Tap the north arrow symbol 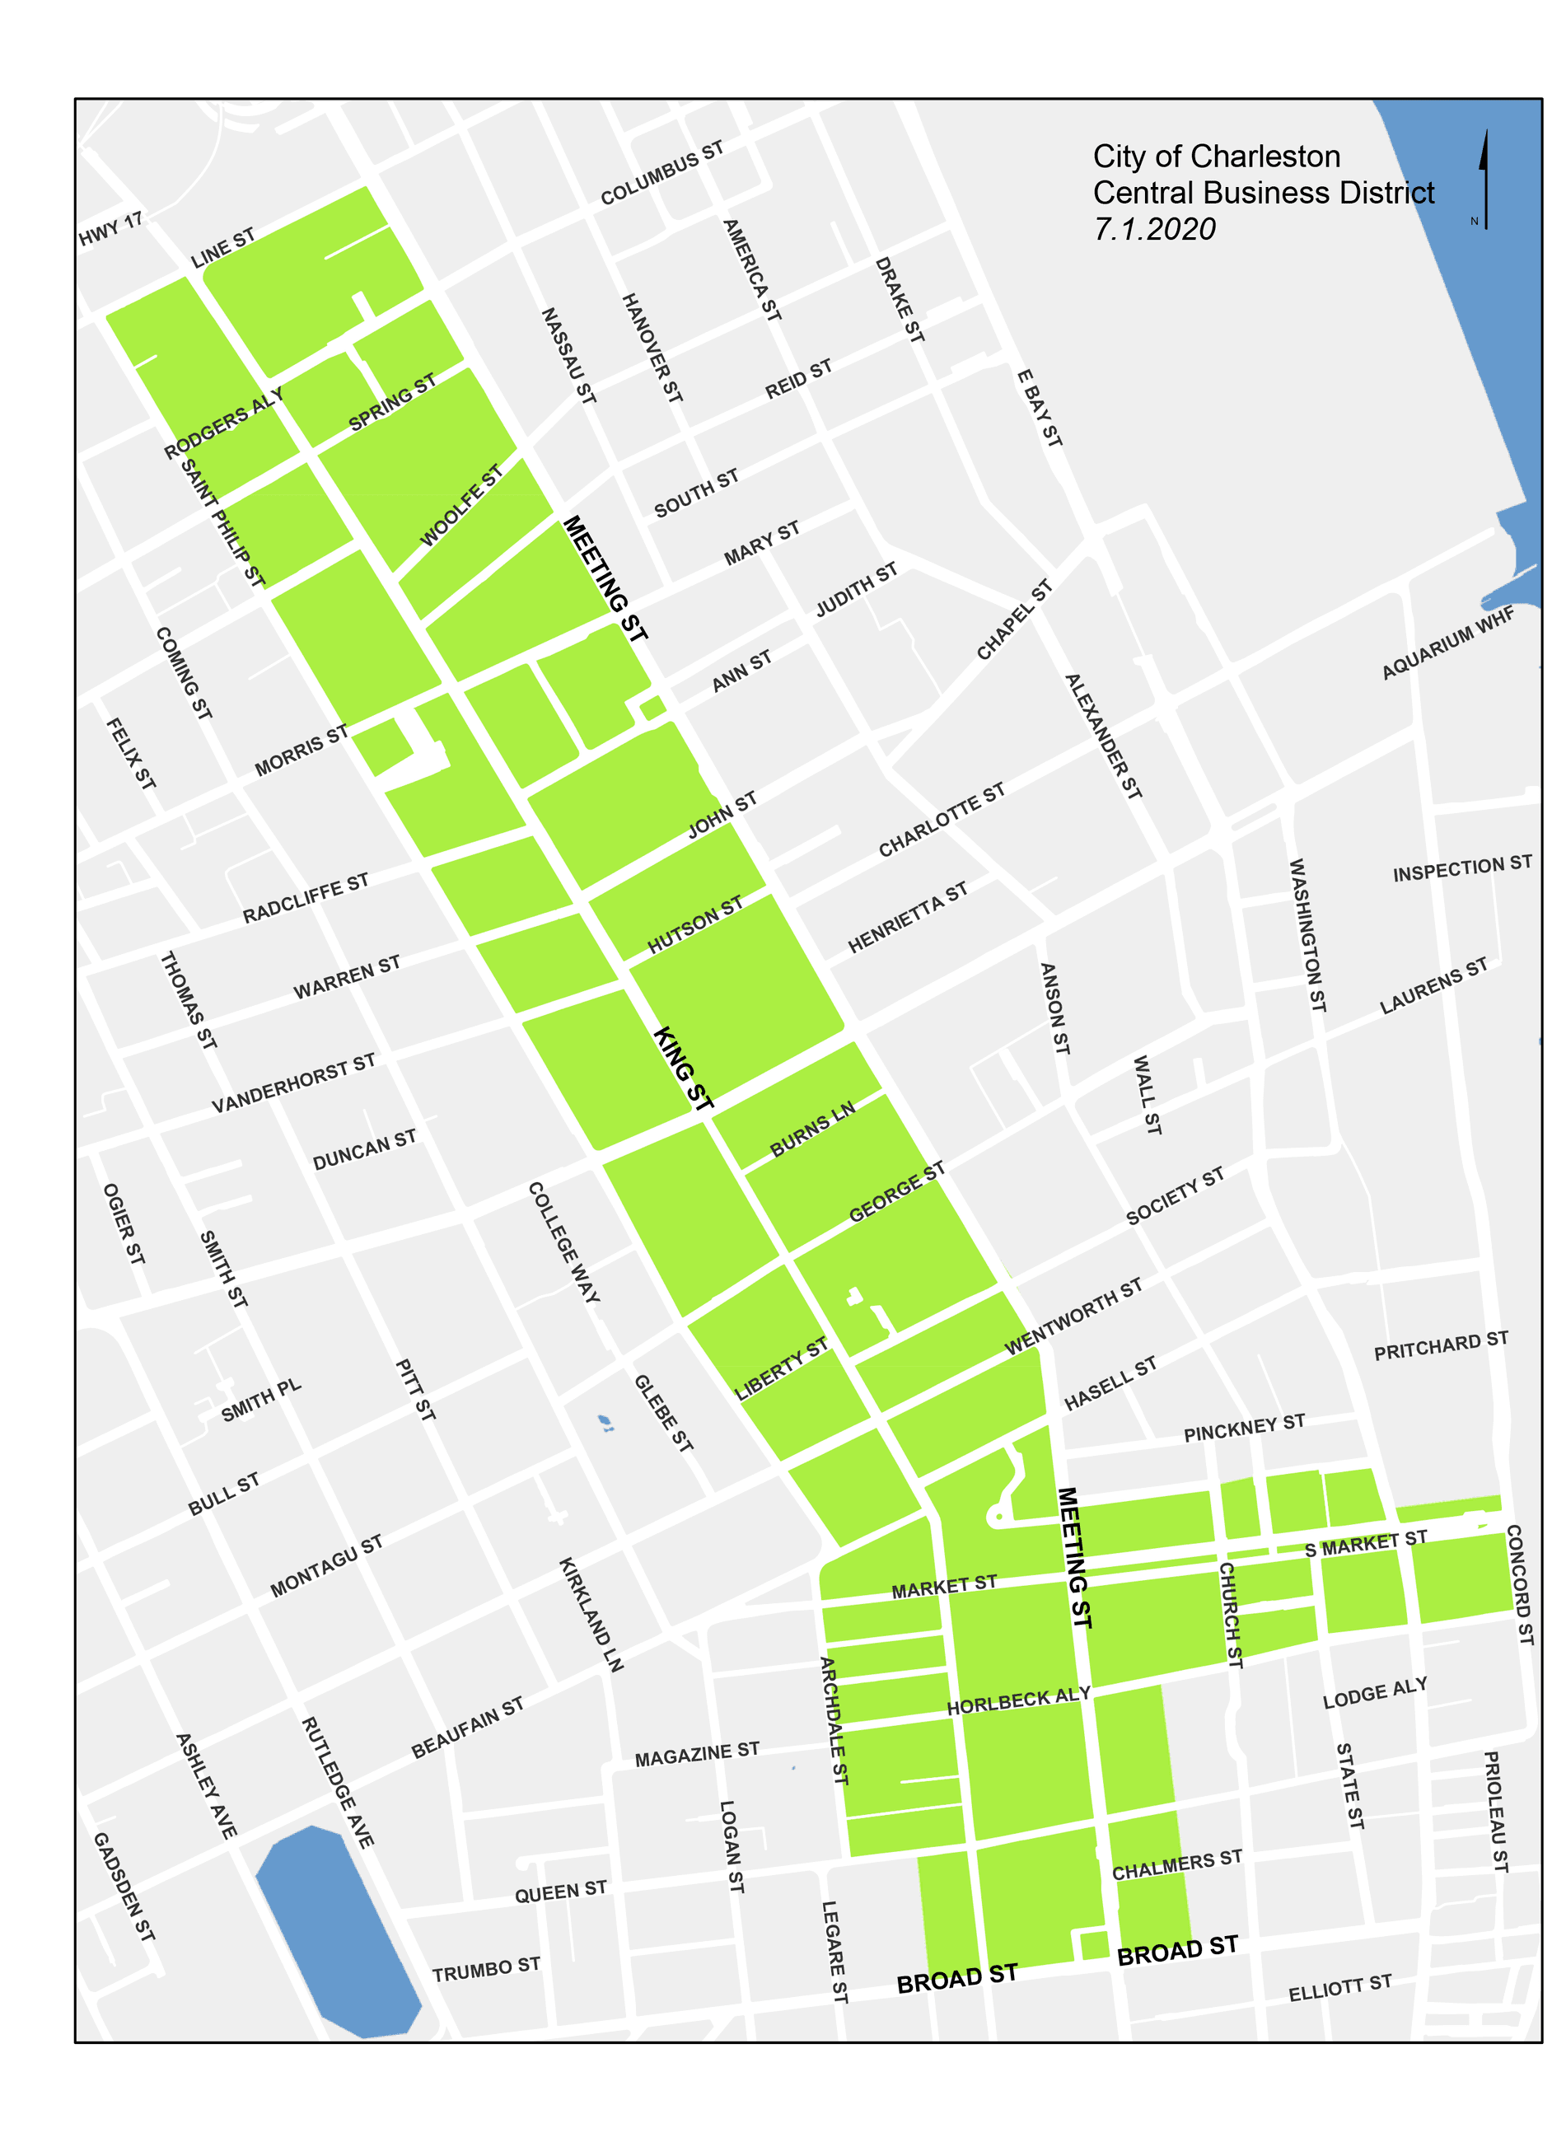click(1484, 180)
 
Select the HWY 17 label click(110, 228)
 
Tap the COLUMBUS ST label click(661, 172)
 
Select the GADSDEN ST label click(123, 1886)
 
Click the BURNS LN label click(811, 1128)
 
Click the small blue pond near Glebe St click(605, 1421)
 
